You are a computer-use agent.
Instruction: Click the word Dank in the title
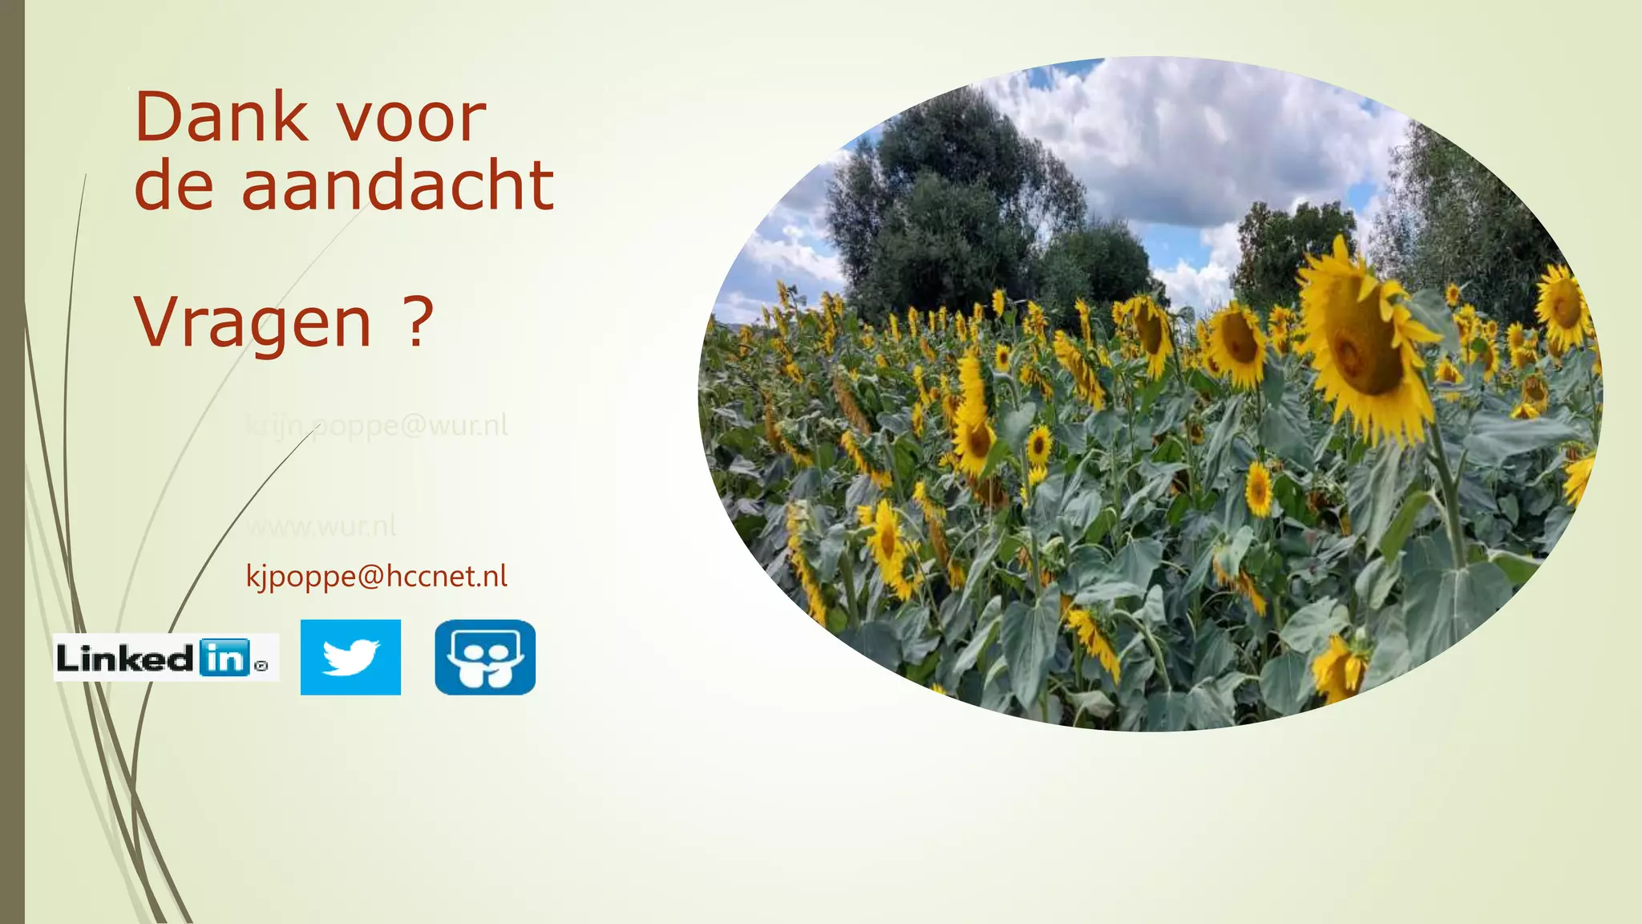[x=220, y=118]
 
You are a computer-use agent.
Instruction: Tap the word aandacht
[x=397, y=186]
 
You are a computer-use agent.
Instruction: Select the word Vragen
[x=253, y=322]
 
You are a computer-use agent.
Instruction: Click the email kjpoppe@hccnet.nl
[x=376, y=576]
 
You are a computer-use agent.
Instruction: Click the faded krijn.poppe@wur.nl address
[x=376, y=425]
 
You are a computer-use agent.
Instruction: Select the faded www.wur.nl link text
[x=321, y=527]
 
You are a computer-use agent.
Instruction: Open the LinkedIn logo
[x=165, y=658]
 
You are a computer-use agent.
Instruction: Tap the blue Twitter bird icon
[x=350, y=657]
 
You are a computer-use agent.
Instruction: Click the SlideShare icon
[x=485, y=657]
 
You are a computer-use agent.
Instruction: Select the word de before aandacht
[x=174, y=186]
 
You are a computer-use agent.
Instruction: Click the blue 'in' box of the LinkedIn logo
[x=224, y=658]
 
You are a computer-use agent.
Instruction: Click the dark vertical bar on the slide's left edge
[x=12, y=462]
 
